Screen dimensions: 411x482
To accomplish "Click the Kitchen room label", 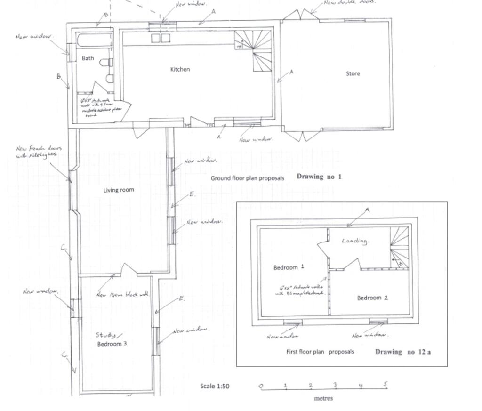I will tap(180, 69).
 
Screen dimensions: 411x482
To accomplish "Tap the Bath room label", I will tap(88, 58).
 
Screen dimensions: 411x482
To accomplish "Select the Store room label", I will tap(353, 73).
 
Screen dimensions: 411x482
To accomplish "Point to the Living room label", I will tap(119, 190).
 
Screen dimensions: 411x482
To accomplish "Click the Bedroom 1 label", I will tap(289, 267).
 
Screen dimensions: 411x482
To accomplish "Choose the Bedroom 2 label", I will tap(372, 298).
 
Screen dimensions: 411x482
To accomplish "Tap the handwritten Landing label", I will tap(354, 241).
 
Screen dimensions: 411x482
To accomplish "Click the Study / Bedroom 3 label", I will tap(111, 339).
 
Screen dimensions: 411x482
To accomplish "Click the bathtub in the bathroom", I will tap(95, 40).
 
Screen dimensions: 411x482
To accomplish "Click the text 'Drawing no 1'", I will tap(319, 177).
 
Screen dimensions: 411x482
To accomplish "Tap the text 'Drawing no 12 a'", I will tap(402, 352).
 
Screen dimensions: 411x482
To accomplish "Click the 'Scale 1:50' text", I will tap(215, 386).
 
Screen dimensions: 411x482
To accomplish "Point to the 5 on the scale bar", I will tap(385, 385).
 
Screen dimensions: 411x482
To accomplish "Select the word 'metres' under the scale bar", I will tap(323, 398).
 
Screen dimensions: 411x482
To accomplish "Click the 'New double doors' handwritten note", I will tap(349, 2).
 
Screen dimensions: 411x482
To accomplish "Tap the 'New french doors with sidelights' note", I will tap(38, 152).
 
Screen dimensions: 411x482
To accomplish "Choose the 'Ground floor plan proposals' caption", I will tap(247, 178).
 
